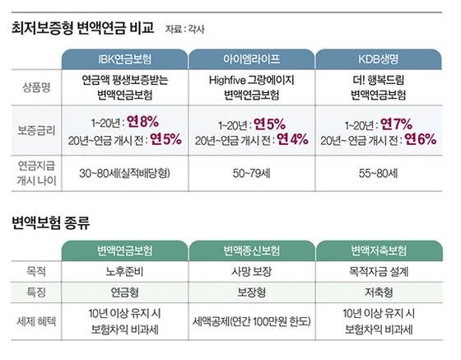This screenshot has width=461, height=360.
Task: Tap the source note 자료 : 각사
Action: (183, 30)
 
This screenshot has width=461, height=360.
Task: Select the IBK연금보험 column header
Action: (124, 59)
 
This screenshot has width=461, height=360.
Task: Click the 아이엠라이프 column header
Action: (254, 59)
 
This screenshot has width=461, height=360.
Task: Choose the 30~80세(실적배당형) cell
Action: (124, 175)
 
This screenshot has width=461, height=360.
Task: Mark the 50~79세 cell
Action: (254, 175)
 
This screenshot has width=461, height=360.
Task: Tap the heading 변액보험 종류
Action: (51, 222)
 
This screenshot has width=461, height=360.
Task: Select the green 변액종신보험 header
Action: (254, 250)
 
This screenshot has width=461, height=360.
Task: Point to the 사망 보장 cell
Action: (254, 269)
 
